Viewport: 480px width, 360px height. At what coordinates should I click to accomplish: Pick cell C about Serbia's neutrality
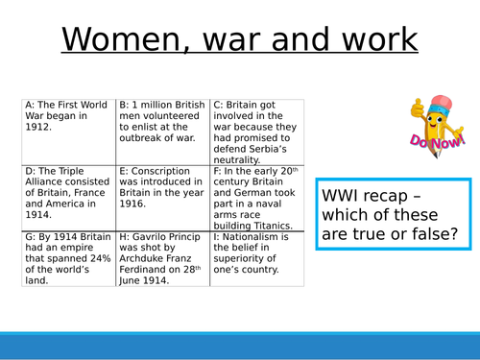256,131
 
